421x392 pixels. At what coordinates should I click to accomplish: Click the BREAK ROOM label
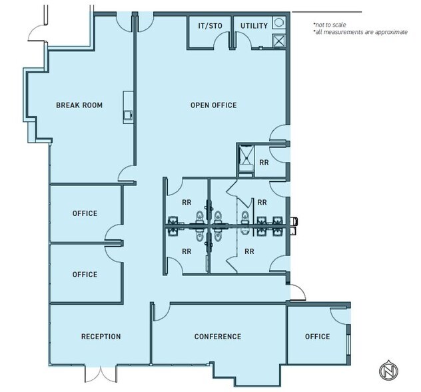(x=79, y=105)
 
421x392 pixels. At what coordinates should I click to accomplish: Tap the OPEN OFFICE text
(x=213, y=105)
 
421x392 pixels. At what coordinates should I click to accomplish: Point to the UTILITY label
(x=253, y=26)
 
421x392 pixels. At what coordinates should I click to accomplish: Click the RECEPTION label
(x=101, y=337)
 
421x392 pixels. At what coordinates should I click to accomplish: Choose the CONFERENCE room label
(x=217, y=337)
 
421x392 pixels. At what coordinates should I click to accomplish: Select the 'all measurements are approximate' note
(x=360, y=32)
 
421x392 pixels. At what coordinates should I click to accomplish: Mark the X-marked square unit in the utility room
(x=278, y=41)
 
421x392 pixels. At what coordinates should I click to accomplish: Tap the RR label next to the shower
(x=264, y=162)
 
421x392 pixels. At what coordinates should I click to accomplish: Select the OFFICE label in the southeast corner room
(x=317, y=337)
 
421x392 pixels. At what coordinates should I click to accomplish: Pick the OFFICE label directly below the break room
(x=85, y=214)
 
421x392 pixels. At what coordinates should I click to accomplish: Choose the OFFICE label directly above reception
(x=85, y=275)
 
